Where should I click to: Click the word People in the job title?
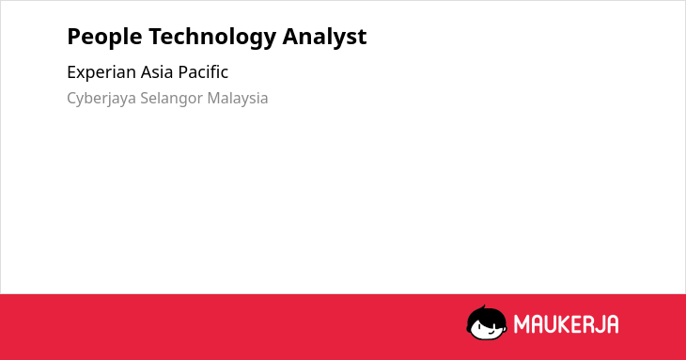coord(104,37)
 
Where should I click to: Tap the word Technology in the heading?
coord(212,38)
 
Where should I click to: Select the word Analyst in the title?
coord(324,37)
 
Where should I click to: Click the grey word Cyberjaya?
coord(101,99)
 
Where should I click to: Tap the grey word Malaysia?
coord(238,99)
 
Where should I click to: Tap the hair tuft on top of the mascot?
coord(483,307)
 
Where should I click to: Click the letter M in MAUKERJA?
coord(522,324)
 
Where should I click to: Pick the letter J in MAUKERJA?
coord(601,324)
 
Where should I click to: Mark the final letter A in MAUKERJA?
coord(613,324)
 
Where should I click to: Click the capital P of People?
coord(73,37)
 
